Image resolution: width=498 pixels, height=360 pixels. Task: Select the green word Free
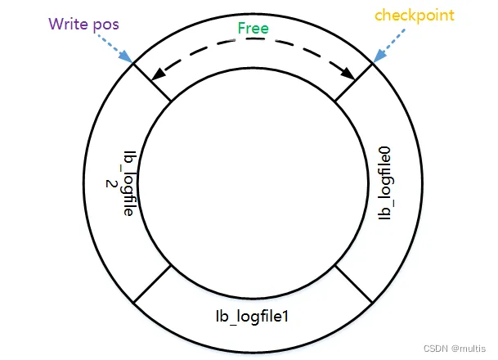tap(253, 29)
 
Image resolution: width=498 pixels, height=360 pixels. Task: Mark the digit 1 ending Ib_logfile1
tap(288, 314)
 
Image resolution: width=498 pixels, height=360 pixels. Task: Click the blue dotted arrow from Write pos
tap(115, 47)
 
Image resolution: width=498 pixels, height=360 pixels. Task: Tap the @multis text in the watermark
tap(469, 348)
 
